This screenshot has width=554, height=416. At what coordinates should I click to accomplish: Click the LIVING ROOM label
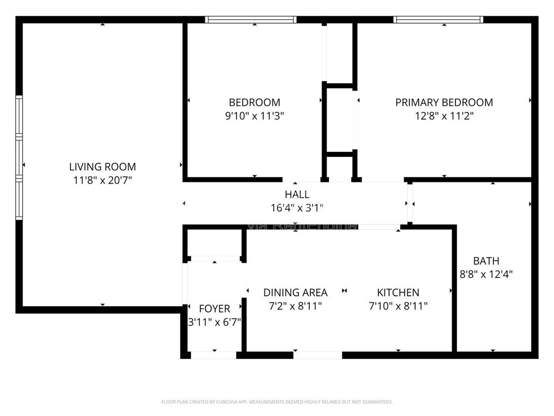point(102,167)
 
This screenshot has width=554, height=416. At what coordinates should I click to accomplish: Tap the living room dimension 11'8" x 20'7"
point(102,180)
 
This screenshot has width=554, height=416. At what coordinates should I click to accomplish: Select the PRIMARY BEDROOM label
point(444,103)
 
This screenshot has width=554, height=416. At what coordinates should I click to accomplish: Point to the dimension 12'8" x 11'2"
point(444,116)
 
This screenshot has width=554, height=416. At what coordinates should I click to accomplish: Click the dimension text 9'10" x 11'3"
point(254,116)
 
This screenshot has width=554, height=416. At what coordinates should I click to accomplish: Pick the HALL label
point(297,194)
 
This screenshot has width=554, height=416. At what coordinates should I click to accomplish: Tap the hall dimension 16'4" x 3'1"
point(297,208)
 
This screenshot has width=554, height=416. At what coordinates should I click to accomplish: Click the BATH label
point(486,261)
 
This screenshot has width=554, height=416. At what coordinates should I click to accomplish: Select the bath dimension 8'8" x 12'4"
point(486,275)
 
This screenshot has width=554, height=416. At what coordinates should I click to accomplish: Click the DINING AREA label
point(295,292)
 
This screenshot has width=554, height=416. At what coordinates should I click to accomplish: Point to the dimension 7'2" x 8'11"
point(295,306)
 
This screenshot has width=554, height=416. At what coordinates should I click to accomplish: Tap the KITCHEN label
point(398,292)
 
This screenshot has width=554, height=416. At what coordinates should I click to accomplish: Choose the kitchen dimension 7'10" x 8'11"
point(398,306)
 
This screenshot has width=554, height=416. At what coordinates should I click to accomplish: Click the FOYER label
point(214,309)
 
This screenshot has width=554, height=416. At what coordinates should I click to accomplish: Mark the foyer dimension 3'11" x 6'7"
point(214,322)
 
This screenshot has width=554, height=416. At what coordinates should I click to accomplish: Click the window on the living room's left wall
point(19,157)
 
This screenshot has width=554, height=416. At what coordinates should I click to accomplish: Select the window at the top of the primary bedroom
point(438,20)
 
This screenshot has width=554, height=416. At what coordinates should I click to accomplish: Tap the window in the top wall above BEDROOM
point(251,20)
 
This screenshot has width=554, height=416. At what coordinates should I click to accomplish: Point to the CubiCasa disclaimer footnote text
point(277,402)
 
